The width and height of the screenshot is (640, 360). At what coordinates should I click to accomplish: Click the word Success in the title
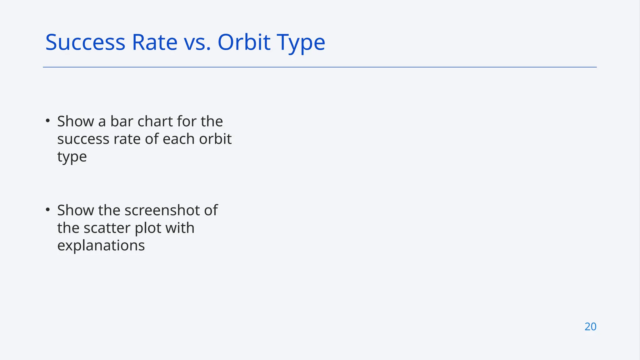85,42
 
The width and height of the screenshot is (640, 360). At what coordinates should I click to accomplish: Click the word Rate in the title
154,42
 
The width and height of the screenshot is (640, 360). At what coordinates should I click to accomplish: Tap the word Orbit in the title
244,42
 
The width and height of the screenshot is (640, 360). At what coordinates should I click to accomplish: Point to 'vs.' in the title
197,43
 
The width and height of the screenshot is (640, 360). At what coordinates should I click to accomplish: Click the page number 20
590,327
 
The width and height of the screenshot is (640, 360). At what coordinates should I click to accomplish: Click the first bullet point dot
47,121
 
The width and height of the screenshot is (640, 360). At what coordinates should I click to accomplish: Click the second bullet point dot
47,210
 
